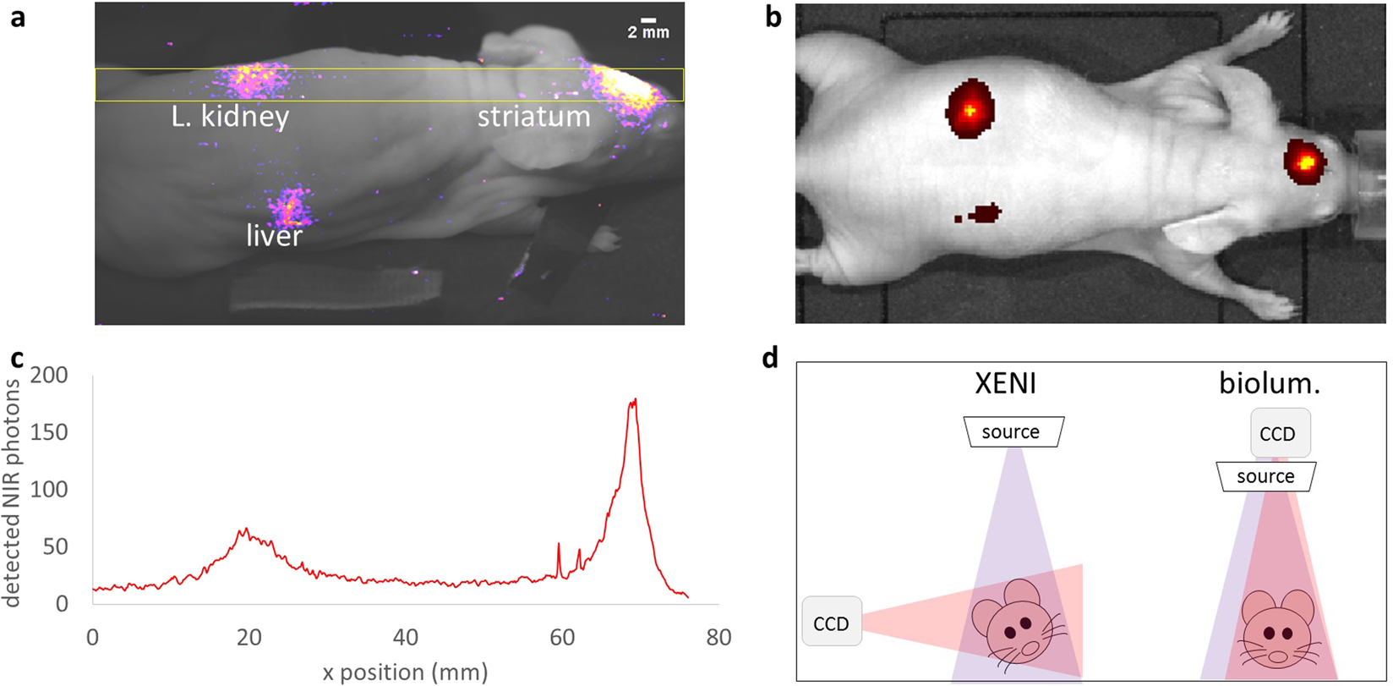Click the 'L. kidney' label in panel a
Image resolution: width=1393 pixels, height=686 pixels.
[230, 117]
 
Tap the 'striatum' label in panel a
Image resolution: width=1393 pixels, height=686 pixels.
[533, 117]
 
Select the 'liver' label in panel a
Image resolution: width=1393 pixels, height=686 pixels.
[274, 236]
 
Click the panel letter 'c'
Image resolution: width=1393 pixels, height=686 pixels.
[16, 359]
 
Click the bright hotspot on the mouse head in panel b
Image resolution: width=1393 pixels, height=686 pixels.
[1307, 160]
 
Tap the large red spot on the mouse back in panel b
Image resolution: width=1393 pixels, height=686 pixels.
[970, 110]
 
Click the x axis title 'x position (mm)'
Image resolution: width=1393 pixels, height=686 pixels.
[406, 672]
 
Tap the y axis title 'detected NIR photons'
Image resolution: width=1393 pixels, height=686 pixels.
[12, 492]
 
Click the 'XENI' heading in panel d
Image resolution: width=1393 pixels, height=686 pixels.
[1004, 384]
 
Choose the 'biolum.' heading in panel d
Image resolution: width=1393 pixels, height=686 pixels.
[1270, 383]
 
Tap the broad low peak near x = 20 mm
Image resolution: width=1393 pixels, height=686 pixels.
[245, 532]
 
